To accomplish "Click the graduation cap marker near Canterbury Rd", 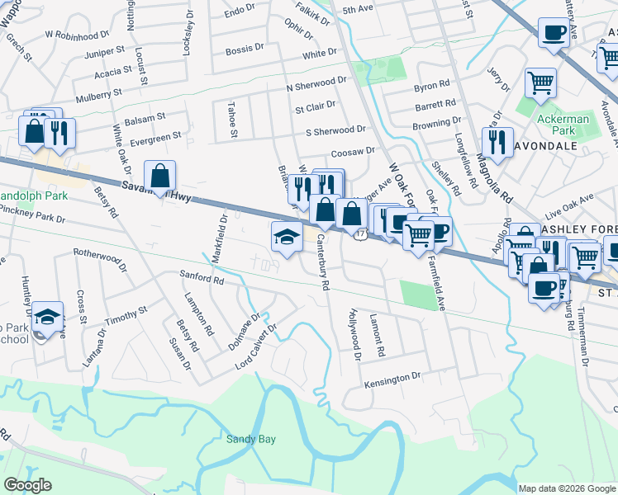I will click(x=286, y=236).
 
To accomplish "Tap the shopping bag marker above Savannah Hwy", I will click(x=159, y=176).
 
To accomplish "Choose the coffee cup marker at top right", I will click(x=553, y=33).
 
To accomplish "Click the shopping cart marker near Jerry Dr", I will click(x=540, y=82).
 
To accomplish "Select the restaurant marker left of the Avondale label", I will click(x=497, y=142).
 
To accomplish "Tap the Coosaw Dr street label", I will click(x=353, y=152).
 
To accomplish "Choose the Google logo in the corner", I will click(x=27, y=485).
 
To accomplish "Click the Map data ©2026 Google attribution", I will click(x=566, y=488).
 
